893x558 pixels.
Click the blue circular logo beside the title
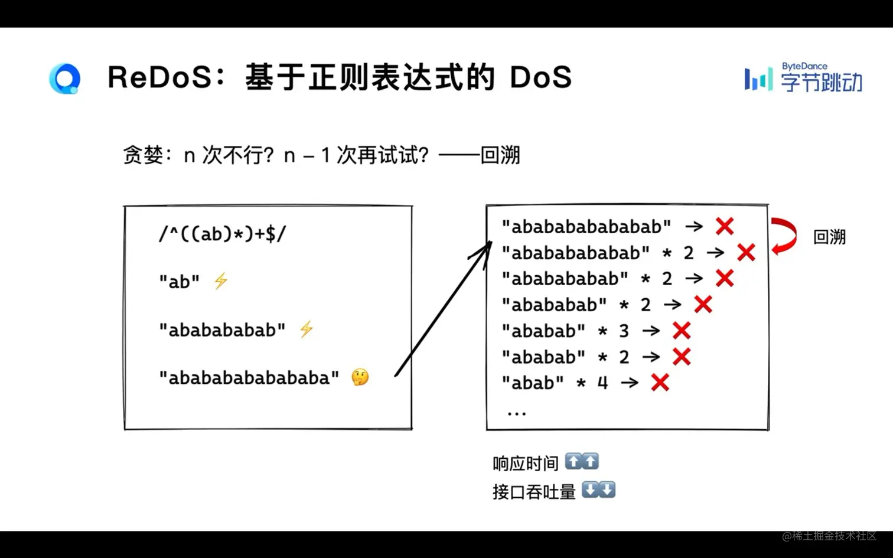click(x=65, y=78)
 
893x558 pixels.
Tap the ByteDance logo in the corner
click(x=803, y=78)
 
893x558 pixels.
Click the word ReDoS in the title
click(x=159, y=77)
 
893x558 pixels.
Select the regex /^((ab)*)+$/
click(x=222, y=234)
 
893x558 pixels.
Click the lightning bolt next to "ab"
click(x=221, y=281)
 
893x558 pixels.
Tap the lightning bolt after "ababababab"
click(x=306, y=329)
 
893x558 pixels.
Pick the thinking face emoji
click(x=360, y=377)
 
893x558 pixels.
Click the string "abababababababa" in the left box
click(x=249, y=377)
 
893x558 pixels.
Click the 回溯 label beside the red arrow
click(x=829, y=237)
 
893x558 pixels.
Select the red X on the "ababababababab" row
click(x=725, y=226)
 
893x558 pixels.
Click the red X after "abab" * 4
click(x=660, y=383)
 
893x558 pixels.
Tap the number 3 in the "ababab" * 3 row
click(x=624, y=331)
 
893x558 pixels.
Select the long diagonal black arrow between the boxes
click(x=443, y=309)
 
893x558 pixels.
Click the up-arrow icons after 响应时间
click(x=582, y=462)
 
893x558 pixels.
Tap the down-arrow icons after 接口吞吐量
click(x=598, y=490)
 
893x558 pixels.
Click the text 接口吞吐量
click(x=534, y=491)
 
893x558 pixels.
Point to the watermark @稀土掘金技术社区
click(x=829, y=536)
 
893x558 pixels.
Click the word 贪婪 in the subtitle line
click(x=143, y=155)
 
